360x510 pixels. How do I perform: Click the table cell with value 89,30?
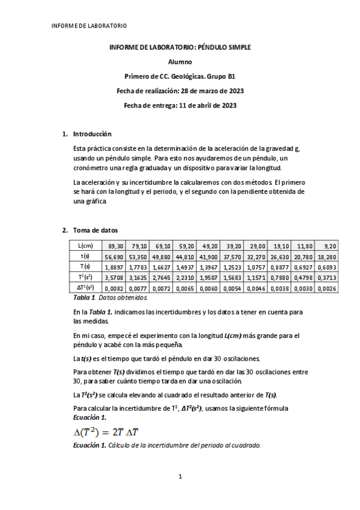tap(116, 245)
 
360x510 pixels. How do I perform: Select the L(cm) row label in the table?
tap(84, 245)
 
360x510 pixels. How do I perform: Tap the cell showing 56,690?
tap(116, 256)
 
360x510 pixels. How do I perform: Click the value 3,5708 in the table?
tap(116, 277)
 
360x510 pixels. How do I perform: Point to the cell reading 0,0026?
tap(328, 287)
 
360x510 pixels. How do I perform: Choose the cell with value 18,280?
tap(328, 256)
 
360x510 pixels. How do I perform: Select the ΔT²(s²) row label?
tap(84, 287)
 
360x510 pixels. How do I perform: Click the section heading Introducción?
tap(92, 134)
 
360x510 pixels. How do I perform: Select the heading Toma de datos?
tap(96, 230)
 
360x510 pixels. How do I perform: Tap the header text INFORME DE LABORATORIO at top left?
tap(81, 26)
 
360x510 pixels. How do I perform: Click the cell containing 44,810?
tap(186, 256)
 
